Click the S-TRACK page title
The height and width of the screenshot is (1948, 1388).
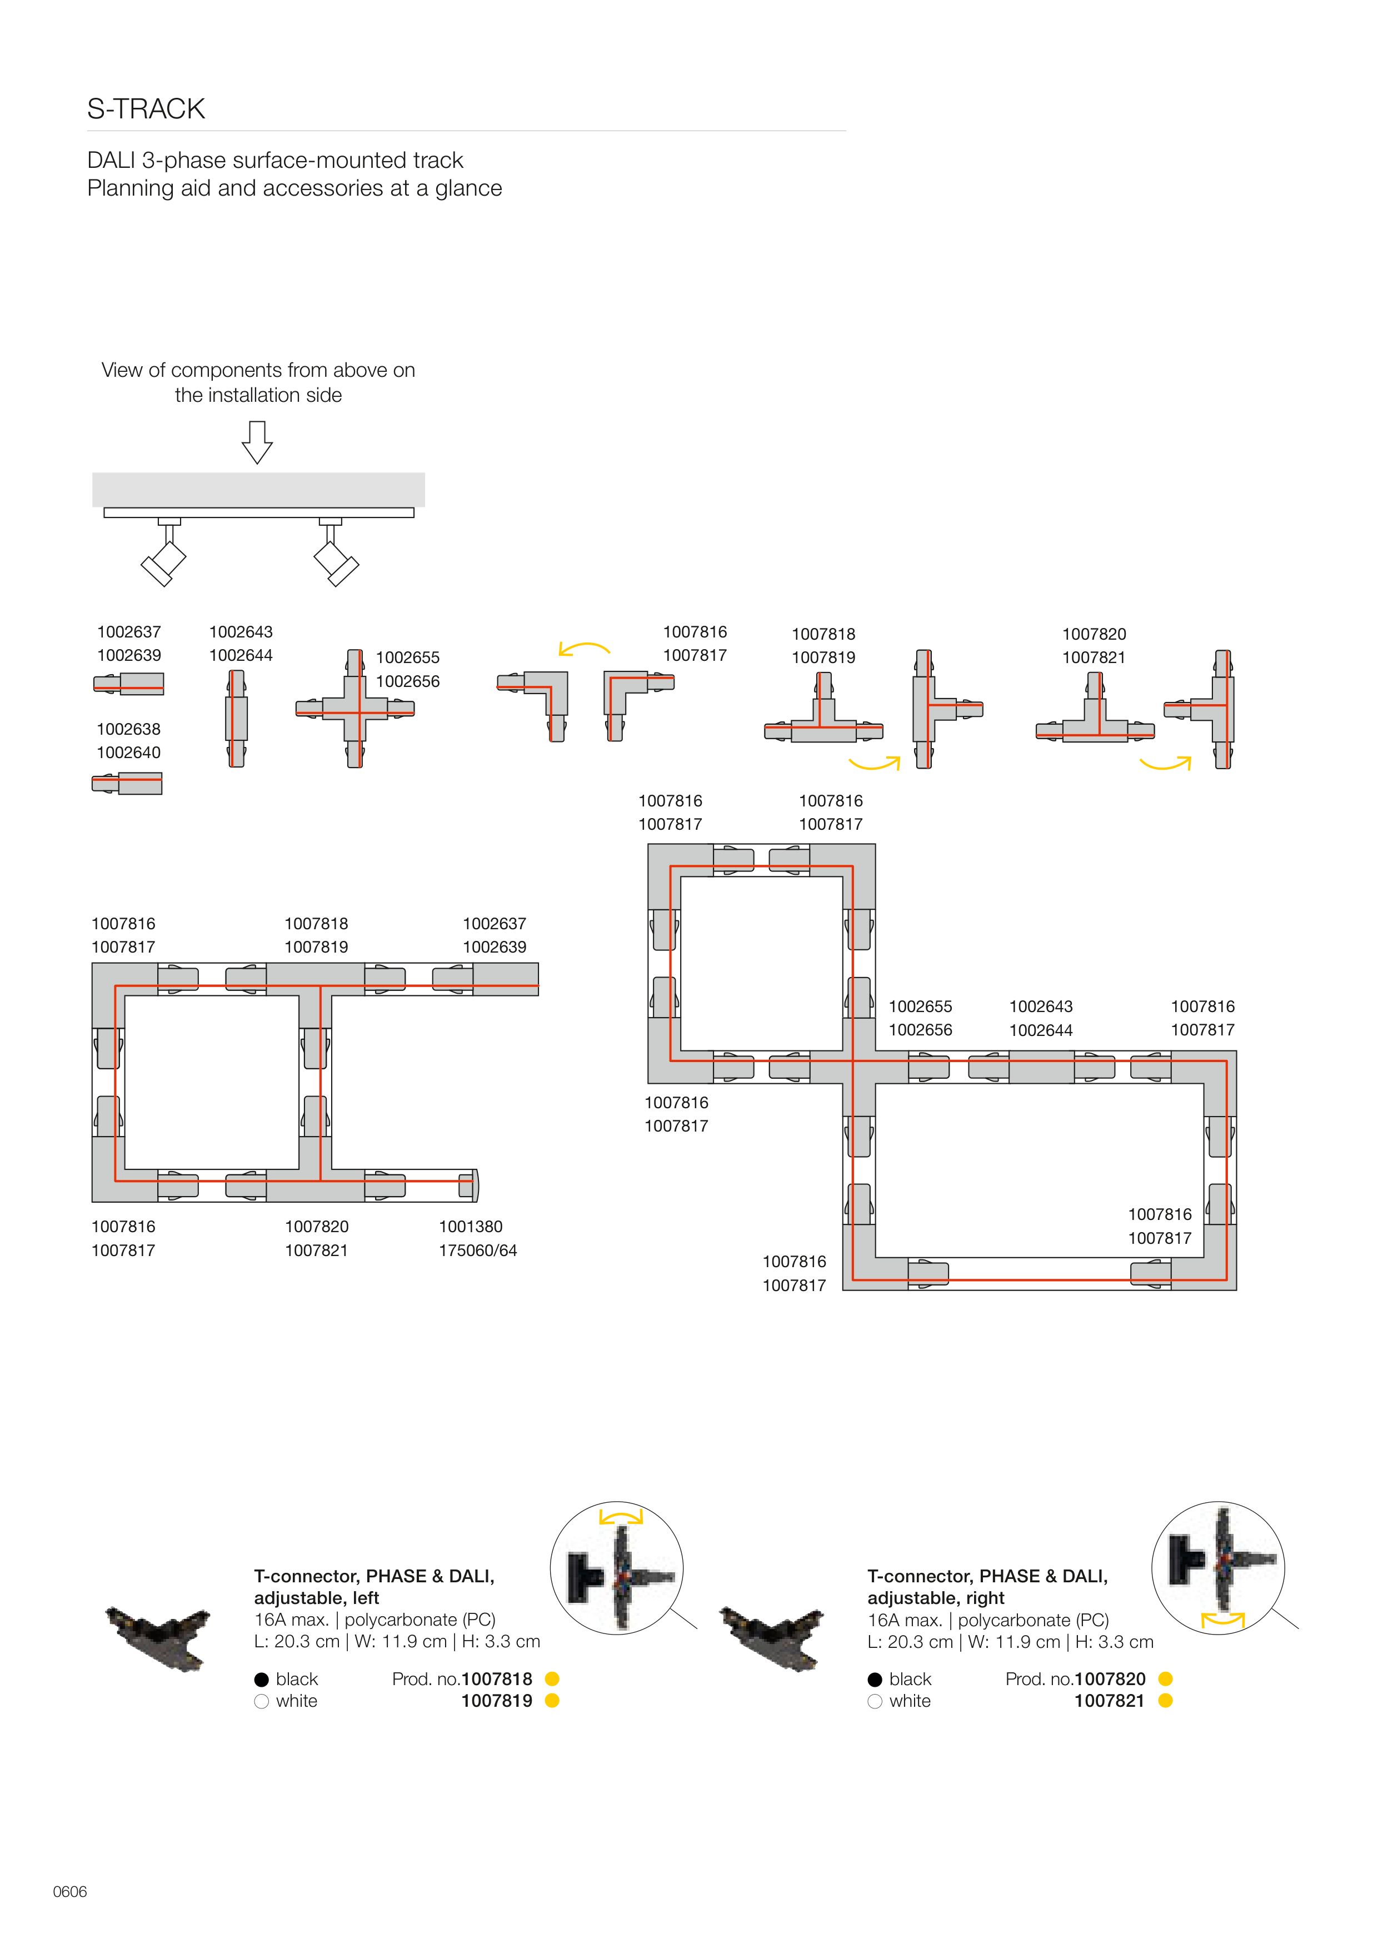click(x=146, y=109)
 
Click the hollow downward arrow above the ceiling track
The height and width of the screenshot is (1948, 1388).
click(x=257, y=441)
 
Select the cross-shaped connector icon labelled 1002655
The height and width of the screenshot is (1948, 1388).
click(x=355, y=709)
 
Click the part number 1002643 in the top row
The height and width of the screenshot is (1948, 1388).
click(x=241, y=632)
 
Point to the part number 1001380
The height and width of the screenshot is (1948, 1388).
click(x=471, y=1227)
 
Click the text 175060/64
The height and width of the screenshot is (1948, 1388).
click(x=478, y=1250)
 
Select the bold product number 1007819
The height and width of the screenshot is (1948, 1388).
click(x=497, y=1701)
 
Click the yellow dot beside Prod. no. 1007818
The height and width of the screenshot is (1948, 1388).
click(x=552, y=1679)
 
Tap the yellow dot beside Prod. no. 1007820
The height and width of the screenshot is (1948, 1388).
click(x=1166, y=1679)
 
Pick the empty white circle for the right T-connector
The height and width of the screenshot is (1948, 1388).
click(x=875, y=1702)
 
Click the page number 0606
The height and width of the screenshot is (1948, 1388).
click(x=70, y=1891)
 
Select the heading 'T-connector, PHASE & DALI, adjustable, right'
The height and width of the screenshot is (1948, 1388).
click(x=987, y=1586)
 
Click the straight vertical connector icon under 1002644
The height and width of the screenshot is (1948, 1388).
click(x=237, y=718)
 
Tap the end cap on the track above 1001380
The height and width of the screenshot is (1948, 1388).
click(x=469, y=1185)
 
